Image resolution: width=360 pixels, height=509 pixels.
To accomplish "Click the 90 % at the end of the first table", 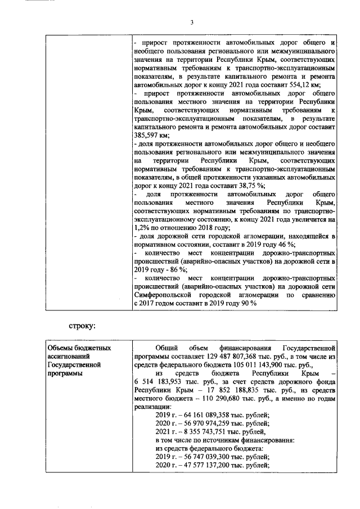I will [x=248, y=303].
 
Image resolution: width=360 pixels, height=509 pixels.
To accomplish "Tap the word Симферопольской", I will [x=164, y=295].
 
